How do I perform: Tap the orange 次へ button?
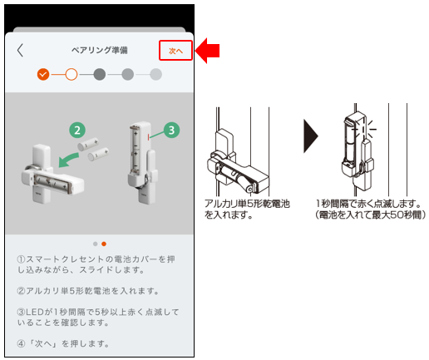click(x=175, y=51)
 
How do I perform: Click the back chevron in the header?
click(x=20, y=50)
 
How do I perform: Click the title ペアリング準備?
click(x=100, y=50)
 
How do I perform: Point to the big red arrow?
click(x=207, y=51)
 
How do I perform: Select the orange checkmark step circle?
click(x=43, y=74)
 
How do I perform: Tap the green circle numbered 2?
click(x=77, y=130)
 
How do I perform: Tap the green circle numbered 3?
click(x=171, y=130)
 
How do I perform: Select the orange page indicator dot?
click(x=104, y=244)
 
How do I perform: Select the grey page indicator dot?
click(x=96, y=244)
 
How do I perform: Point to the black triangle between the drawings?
click(x=310, y=136)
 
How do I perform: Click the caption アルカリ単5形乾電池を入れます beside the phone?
click(x=247, y=209)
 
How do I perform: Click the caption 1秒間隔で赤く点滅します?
click(x=368, y=204)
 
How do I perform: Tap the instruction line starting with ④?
click(x=63, y=343)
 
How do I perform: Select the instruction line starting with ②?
click(x=88, y=291)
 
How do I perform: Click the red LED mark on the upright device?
click(x=149, y=136)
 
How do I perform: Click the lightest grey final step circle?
click(x=155, y=74)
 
